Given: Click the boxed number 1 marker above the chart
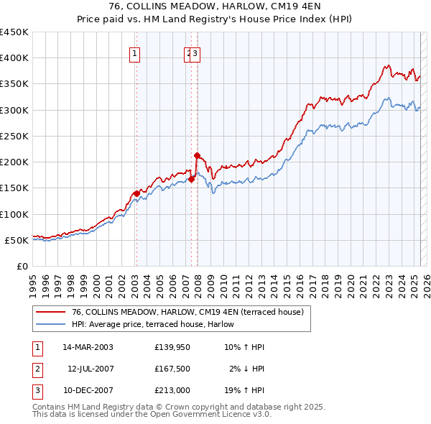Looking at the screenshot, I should coord(136,52).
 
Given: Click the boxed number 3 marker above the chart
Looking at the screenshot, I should coord(195,52).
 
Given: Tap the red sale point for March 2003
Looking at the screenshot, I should coord(136,193).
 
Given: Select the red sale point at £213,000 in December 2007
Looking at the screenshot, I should coord(197,155).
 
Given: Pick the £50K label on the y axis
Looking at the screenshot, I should coord(17,240).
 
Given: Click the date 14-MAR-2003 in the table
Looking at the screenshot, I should coord(88,347).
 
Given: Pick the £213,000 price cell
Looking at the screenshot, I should coord(172,390).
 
